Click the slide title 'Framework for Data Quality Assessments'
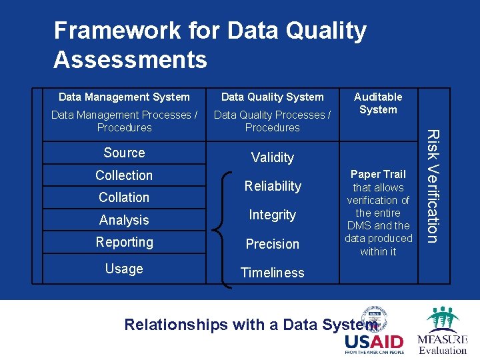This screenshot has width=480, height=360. [x=210, y=45]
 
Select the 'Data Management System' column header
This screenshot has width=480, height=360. [x=124, y=97]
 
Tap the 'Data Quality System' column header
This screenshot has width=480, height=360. [x=272, y=97]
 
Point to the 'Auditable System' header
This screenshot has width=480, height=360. [x=378, y=103]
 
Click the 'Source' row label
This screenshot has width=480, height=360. [x=124, y=153]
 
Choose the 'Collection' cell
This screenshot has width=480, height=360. [x=124, y=175]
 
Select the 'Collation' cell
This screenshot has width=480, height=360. [x=124, y=197]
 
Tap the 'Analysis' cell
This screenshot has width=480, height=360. [x=124, y=220]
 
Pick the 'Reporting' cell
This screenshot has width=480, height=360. [x=124, y=242]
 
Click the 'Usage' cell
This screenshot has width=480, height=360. [x=124, y=269]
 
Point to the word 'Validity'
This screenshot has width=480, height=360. [x=272, y=157]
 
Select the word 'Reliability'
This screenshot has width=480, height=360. [x=272, y=186]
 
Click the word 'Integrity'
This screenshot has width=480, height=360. [x=272, y=215]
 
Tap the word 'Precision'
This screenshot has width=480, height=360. [x=272, y=244]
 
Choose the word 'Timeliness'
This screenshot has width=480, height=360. [x=272, y=273]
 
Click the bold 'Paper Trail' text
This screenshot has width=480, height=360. [x=378, y=175]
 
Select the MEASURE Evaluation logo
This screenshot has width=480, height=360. [x=442, y=331]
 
